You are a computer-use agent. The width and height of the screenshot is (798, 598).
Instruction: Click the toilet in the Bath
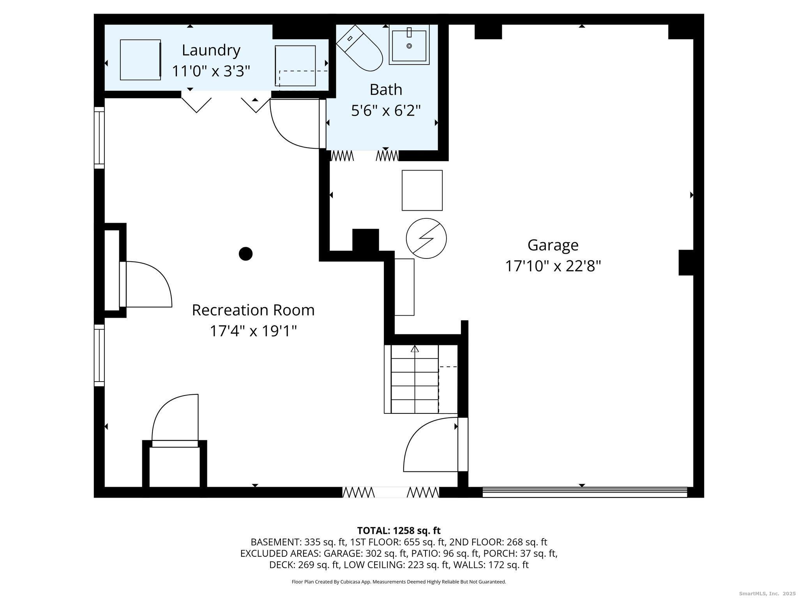(x=360, y=48)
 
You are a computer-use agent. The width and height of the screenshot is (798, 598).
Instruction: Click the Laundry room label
(x=211, y=50)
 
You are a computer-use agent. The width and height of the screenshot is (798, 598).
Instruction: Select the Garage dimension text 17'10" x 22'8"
(x=553, y=266)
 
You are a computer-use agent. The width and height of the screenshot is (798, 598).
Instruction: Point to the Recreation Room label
(x=253, y=310)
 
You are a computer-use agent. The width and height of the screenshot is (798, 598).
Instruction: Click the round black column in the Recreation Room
(x=245, y=254)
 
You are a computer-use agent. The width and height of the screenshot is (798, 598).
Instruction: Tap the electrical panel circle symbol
(x=426, y=238)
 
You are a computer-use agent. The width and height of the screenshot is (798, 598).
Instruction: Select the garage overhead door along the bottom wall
(x=585, y=492)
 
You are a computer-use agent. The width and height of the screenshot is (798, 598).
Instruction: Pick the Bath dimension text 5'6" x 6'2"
(x=386, y=111)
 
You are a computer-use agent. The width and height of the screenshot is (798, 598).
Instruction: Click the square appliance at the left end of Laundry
(x=140, y=60)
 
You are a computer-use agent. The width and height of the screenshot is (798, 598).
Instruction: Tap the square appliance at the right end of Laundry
(x=295, y=66)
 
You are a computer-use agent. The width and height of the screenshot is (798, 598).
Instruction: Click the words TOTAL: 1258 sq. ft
(x=399, y=530)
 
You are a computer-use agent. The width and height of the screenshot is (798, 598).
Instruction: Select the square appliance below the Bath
(x=422, y=190)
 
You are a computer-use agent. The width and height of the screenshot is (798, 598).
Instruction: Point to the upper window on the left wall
(x=99, y=138)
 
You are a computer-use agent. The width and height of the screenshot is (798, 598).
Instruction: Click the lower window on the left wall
(x=99, y=355)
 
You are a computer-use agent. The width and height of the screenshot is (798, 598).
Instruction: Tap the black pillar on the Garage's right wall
(x=686, y=262)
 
